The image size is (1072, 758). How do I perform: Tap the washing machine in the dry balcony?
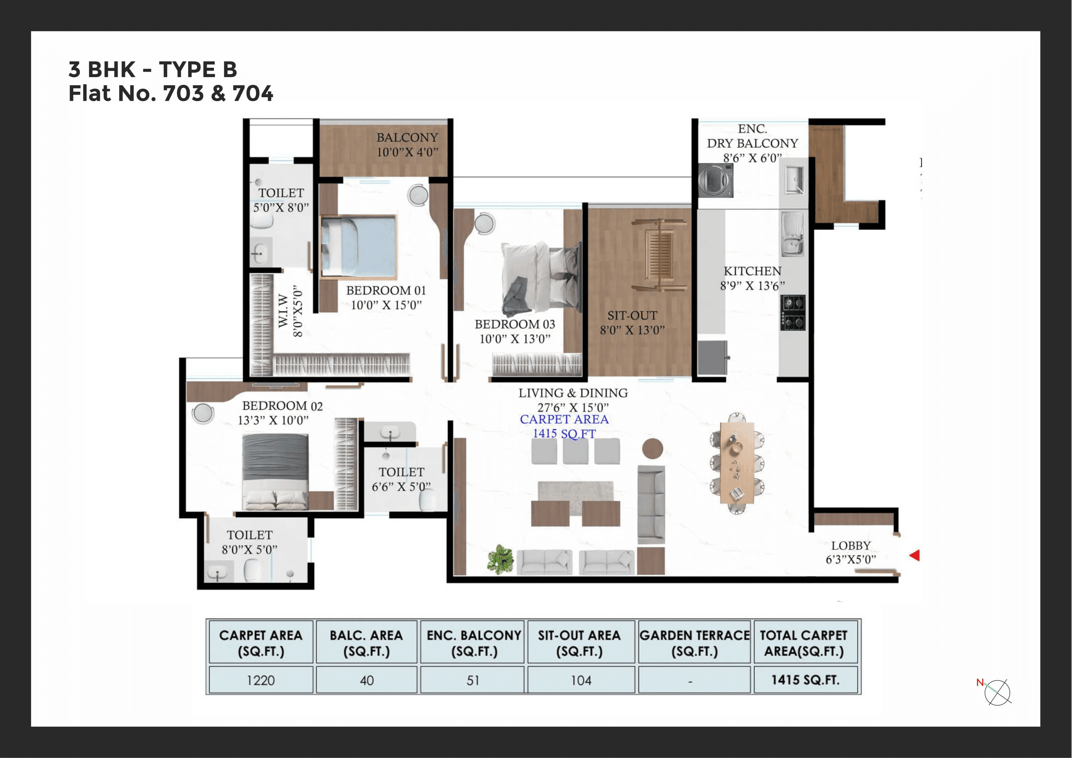tap(715, 180)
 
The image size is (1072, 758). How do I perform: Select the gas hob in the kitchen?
tap(792, 312)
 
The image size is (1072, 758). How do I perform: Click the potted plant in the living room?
tap(500, 559)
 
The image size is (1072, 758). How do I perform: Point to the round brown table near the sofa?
tap(652, 449)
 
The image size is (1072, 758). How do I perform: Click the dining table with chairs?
tap(737, 463)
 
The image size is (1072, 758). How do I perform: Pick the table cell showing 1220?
tap(261, 680)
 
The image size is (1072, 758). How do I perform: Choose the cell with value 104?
tap(581, 680)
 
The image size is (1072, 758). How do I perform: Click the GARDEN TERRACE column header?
tap(694, 643)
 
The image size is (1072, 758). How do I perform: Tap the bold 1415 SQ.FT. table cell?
tap(805, 680)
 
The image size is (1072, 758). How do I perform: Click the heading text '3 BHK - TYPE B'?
tap(153, 70)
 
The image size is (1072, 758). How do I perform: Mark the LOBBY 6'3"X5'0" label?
tap(850, 553)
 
